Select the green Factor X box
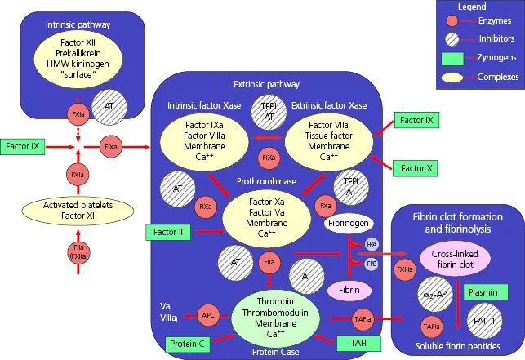point(418,168)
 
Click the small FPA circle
point(372,243)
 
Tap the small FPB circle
point(372,264)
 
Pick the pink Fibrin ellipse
point(349,289)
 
